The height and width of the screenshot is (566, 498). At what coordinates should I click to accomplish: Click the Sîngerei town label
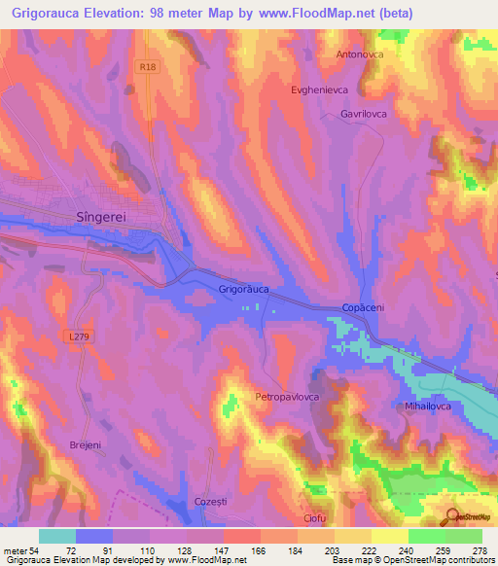tap(101, 219)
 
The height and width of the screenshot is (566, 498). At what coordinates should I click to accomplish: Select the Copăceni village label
tap(365, 307)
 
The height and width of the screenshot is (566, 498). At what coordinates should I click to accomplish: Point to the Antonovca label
tap(360, 54)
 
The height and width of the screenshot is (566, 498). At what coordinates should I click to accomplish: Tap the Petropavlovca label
tap(288, 398)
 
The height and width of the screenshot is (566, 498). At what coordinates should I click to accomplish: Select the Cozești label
tap(210, 501)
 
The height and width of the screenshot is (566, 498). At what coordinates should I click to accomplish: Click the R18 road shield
tap(147, 67)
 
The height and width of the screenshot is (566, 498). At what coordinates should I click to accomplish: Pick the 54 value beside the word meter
tap(39, 549)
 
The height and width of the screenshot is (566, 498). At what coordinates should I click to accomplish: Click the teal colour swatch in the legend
tap(57, 536)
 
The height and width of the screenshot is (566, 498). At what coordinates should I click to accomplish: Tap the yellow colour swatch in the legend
tap(390, 536)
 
